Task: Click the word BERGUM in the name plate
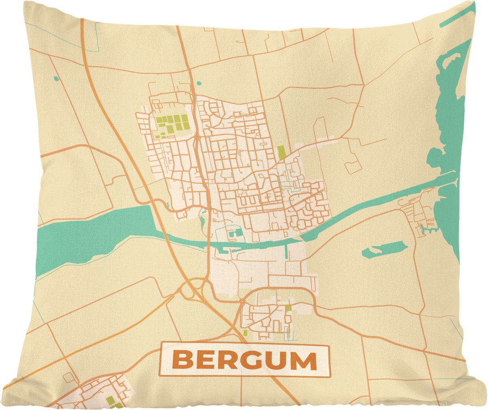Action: tap(244, 360)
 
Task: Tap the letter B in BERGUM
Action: tap(181, 360)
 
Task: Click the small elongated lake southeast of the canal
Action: tap(384, 249)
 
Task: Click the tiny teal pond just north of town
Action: tap(198, 83)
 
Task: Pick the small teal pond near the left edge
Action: tap(56, 78)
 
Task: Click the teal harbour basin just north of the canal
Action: tap(235, 233)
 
